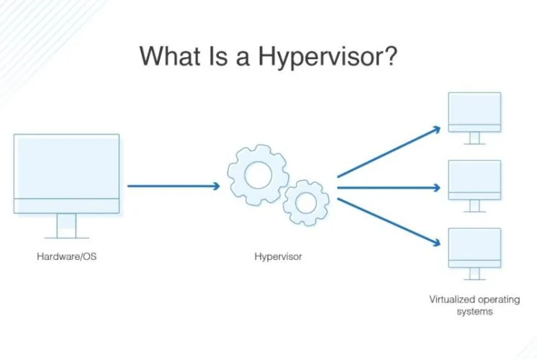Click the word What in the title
pos(170,55)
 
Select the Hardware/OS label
pos(67,256)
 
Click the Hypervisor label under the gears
pos(278,256)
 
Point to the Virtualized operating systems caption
pos(474,305)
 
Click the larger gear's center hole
pos(258,175)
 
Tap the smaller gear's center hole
pos(306,203)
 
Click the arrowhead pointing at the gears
pos(217,186)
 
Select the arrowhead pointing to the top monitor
pos(437,130)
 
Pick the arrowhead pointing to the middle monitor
pos(437,188)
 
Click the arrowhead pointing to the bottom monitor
pos(436,243)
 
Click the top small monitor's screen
pos(474,109)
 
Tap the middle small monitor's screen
pos(474,176)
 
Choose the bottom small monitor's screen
pos(474,244)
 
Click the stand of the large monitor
pos(66,226)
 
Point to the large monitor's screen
pos(66,166)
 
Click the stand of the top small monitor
pos(474,138)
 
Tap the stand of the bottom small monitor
pos(474,274)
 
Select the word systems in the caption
pos(474,312)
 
